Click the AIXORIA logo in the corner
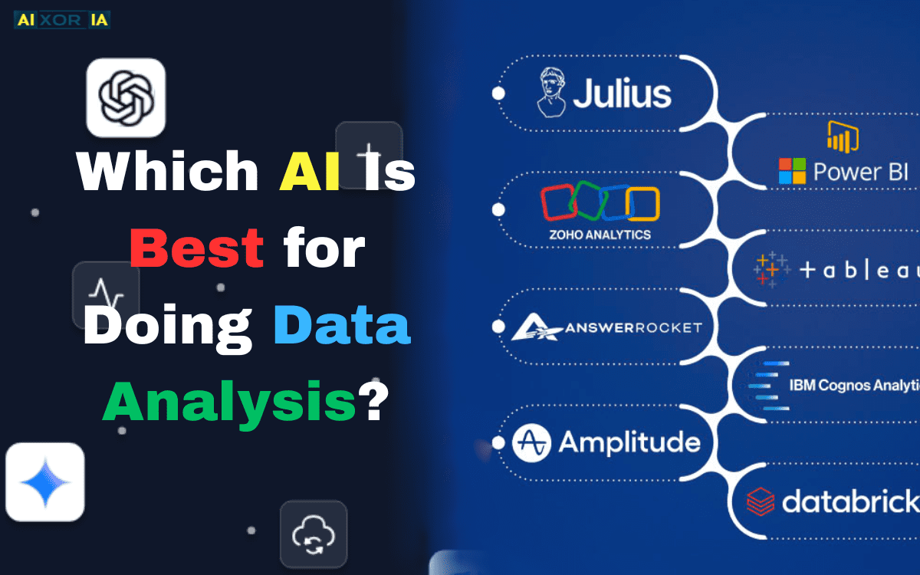62,19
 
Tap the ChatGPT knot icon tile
126,97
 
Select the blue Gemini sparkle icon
44,481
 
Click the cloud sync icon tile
313,535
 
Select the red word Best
198,248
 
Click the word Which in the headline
168,169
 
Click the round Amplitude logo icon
531,442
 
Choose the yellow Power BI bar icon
842,136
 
